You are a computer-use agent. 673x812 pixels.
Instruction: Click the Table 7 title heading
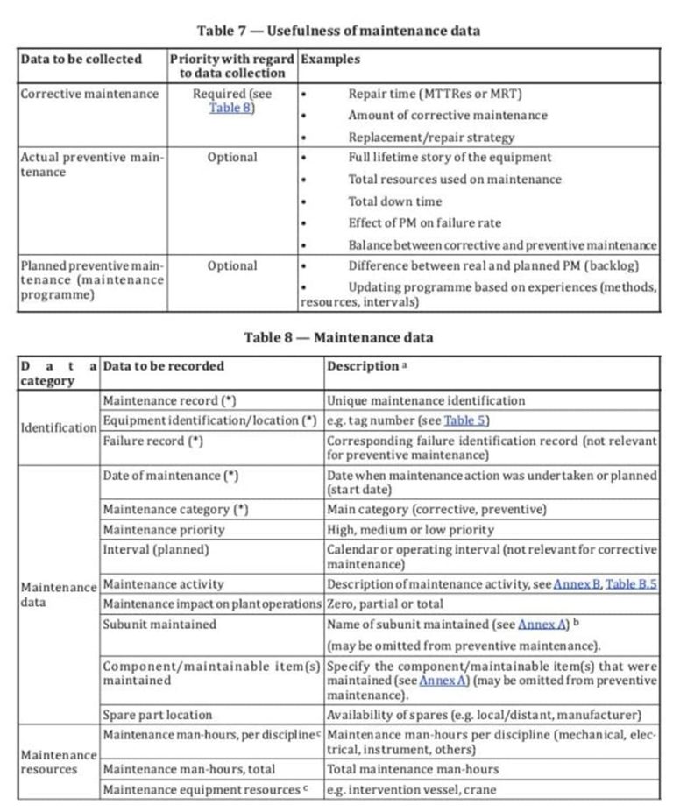click(337, 31)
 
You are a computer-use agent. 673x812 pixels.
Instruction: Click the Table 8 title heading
click(337, 337)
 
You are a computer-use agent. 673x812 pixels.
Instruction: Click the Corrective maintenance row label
click(89, 94)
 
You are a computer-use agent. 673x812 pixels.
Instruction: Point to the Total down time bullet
click(394, 201)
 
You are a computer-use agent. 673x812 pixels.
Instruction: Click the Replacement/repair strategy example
click(431, 138)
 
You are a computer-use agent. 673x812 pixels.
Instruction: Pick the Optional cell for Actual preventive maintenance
click(232, 158)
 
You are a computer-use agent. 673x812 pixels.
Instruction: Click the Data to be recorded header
click(163, 366)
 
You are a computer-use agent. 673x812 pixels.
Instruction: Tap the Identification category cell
click(58, 427)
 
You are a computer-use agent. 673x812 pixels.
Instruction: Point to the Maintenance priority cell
click(163, 530)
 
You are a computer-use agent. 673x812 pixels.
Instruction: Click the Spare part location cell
click(157, 715)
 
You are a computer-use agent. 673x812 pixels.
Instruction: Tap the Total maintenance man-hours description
click(413, 769)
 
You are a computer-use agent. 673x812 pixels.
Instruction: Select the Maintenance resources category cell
click(58, 761)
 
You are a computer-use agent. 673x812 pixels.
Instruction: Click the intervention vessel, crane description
click(411, 789)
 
